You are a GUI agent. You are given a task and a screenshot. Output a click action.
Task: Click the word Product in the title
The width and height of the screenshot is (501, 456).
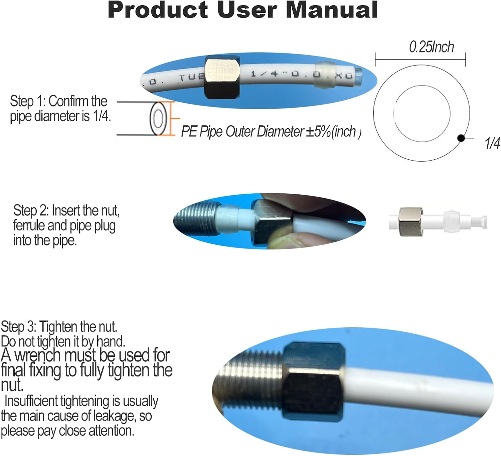(158, 10)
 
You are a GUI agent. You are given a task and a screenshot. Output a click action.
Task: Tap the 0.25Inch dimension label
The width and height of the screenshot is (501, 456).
(431, 47)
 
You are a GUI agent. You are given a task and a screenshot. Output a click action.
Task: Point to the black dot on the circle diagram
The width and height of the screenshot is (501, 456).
(461, 138)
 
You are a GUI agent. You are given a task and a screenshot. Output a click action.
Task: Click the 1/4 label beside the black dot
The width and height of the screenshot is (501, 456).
(492, 143)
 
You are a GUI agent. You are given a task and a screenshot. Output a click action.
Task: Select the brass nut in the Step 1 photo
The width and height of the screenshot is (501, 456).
(222, 77)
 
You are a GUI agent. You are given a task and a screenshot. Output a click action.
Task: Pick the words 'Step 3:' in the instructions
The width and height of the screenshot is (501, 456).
(18, 327)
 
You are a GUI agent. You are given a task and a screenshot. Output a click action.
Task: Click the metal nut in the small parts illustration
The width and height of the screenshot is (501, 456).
(410, 221)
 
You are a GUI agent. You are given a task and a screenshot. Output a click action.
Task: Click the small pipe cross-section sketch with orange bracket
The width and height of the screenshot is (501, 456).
(149, 118)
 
